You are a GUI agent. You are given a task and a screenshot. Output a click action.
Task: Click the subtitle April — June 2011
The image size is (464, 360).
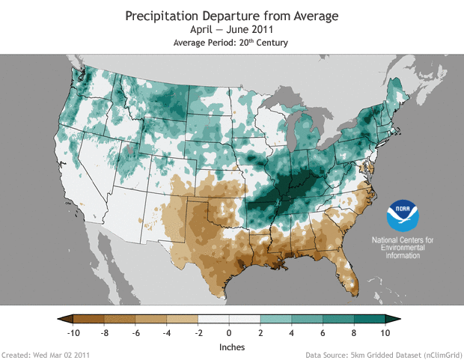pyautogui.click(x=232, y=30)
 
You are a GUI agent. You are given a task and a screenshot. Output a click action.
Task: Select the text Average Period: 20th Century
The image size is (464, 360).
pyautogui.click(x=232, y=43)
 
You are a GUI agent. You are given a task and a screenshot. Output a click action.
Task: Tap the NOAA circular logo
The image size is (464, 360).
pyautogui.click(x=403, y=216)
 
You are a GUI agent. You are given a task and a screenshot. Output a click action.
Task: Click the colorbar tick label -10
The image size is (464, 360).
pyautogui.click(x=73, y=332)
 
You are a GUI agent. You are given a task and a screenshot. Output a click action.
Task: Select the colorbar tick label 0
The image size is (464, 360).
pyautogui.click(x=229, y=332)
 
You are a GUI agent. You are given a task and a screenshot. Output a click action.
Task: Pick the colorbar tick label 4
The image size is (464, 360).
pyautogui.click(x=291, y=332)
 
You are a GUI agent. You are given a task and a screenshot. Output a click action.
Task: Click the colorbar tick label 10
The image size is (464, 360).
pyautogui.click(x=385, y=332)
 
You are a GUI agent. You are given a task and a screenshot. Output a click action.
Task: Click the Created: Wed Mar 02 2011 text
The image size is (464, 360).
pyautogui.click(x=46, y=354)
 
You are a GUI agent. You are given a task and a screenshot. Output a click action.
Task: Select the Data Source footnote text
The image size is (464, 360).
pyautogui.click(x=383, y=354)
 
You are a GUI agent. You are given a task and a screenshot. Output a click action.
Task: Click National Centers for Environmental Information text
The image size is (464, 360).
pyautogui.click(x=403, y=247)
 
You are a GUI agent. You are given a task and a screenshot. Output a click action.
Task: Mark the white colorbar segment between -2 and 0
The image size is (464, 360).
pyautogui.click(x=213, y=319)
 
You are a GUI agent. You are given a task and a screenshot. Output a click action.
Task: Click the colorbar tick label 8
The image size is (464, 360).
pyautogui.click(x=353, y=332)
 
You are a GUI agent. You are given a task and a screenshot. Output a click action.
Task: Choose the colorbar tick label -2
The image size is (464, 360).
pyautogui.click(x=198, y=332)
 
